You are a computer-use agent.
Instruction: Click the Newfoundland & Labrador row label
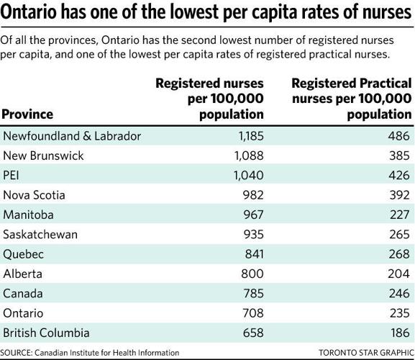coord(72,136)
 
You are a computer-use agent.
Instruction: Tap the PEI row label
coord(14,176)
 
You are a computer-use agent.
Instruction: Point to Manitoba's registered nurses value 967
coord(250,215)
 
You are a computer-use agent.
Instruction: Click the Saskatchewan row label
coord(41,235)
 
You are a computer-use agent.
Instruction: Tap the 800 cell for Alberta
coord(250,274)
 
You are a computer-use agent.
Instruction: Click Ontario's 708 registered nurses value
coord(250,313)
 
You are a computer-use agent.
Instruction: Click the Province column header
coord(27,114)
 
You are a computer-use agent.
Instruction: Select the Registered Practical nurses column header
coord(351,99)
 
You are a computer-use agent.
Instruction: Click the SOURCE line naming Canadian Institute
coord(90,353)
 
